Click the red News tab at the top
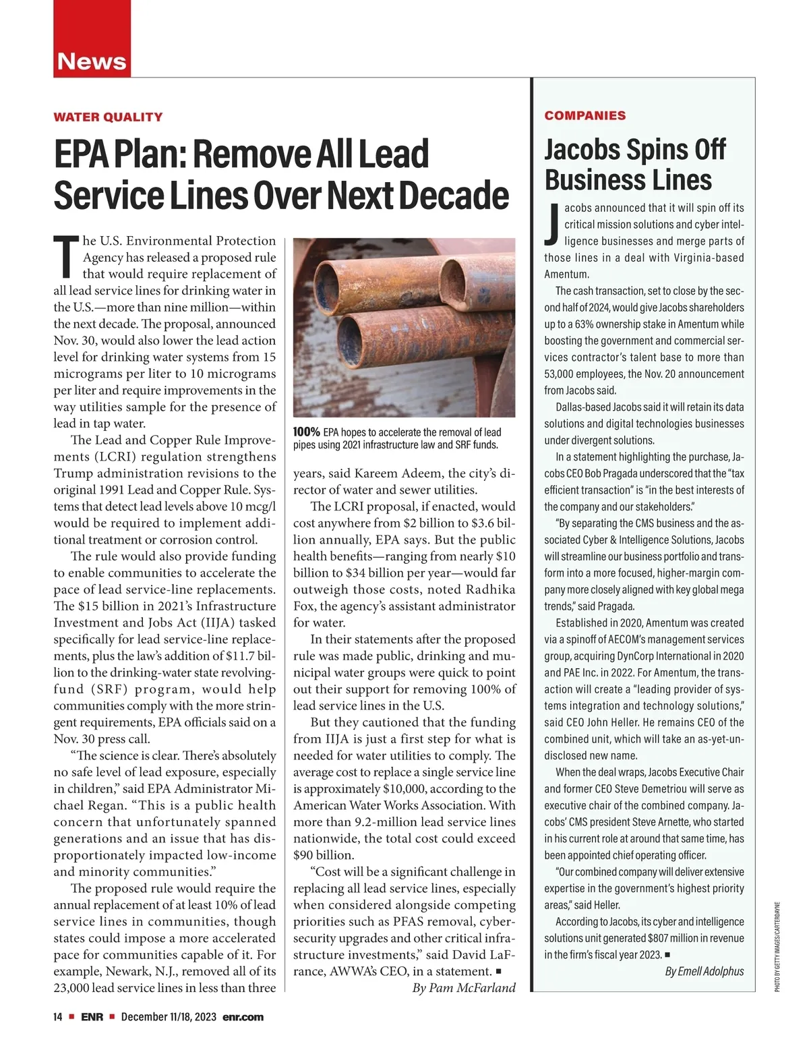pos(92,61)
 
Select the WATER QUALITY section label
pos(108,117)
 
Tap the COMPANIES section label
pos(585,115)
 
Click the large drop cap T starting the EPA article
pos(65,257)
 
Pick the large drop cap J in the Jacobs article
pos(551,223)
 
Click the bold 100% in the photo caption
pos(306,432)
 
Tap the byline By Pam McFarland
pos(463,988)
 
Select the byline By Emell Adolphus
pos(704,971)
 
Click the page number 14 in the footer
pos(58,1017)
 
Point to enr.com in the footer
pos(243,1017)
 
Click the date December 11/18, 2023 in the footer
pos(169,1017)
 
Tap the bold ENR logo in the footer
pos(92,1017)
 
